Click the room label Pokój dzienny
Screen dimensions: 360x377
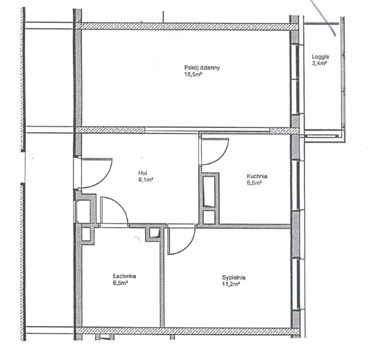pyautogui.click(x=202, y=68)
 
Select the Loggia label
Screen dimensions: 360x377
pyautogui.click(x=320, y=57)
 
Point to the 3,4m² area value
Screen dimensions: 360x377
pyautogui.click(x=320, y=64)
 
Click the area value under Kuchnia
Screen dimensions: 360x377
pyautogui.click(x=254, y=182)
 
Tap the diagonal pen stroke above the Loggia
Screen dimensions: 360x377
pyautogui.click(x=324, y=16)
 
